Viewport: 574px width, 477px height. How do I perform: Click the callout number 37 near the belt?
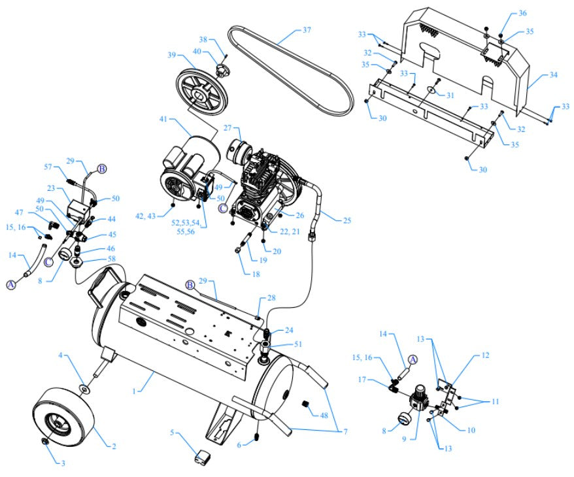coord(307,30)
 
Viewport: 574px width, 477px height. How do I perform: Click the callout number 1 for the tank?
coord(134,391)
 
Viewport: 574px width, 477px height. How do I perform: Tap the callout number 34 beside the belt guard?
coord(553,75)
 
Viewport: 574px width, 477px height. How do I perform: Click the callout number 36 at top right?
coord(522,14)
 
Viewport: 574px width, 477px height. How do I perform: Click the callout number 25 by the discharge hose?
coord(346,220)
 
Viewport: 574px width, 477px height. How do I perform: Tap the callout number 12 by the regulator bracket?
coord(485,355)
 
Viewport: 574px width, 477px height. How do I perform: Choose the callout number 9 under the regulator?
coord(404,438)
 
